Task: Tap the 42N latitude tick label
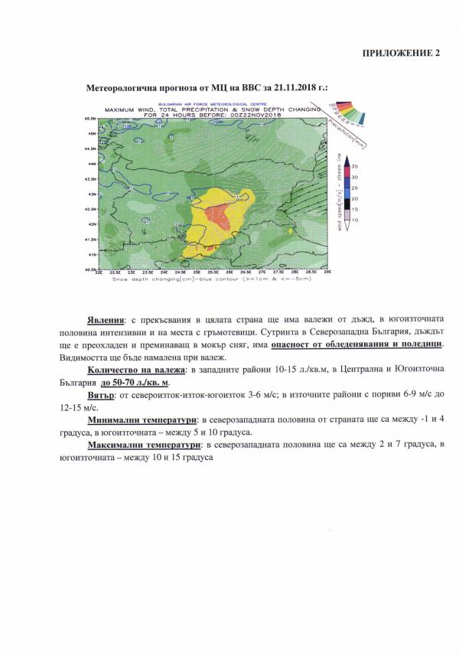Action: click(x=91, y=224)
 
